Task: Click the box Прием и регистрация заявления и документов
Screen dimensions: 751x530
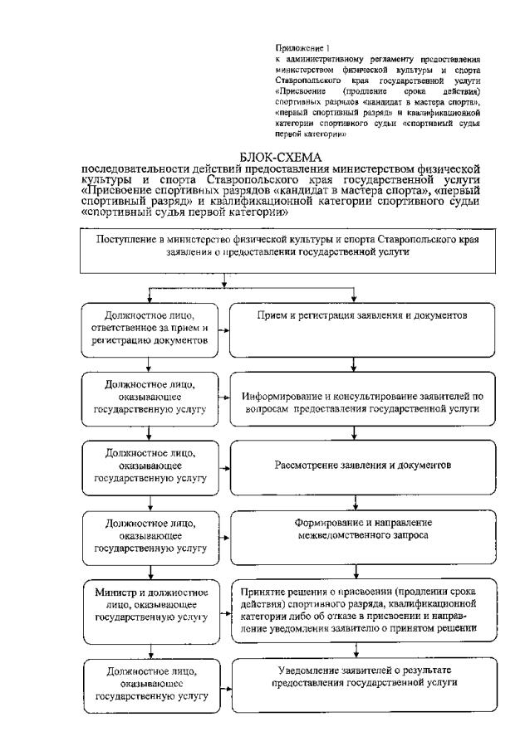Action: [x=362, y=318]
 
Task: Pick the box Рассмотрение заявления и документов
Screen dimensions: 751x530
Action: [x=362, y=466]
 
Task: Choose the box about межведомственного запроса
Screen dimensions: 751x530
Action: [x=362, y=530]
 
